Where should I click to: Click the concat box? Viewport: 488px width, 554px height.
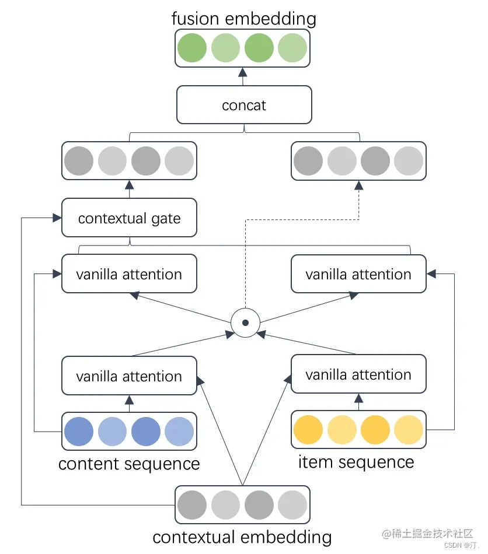tap(244, 105)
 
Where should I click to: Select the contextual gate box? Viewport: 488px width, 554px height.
tap(129, 218)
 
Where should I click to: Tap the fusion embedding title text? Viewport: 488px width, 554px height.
tap(244, 18)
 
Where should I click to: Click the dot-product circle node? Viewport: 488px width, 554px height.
tap(245, 322)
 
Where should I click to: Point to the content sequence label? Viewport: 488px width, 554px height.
tap(129, 464)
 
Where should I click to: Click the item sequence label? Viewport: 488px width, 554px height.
tap(356, 462)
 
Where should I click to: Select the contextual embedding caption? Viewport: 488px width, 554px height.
tap(242, 537)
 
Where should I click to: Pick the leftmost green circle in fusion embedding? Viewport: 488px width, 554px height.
tap(192, 48)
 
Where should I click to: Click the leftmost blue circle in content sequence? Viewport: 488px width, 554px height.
tap(79, 432)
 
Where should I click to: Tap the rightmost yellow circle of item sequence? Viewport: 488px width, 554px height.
tap(409, 430)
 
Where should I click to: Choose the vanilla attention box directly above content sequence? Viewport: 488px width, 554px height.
tap(129, 376)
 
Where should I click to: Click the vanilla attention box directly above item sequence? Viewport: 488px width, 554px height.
tap(358, 374)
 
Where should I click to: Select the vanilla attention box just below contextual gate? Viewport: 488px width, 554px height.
tap(129, 274)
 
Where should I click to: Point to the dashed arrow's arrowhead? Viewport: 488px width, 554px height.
tap(358, 185)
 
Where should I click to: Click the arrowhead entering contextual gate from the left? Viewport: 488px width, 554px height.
tap(57, 218)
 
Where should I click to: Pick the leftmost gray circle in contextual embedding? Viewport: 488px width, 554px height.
tap(192, 505)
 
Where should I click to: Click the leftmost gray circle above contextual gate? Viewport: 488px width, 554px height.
tap(79, 161)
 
